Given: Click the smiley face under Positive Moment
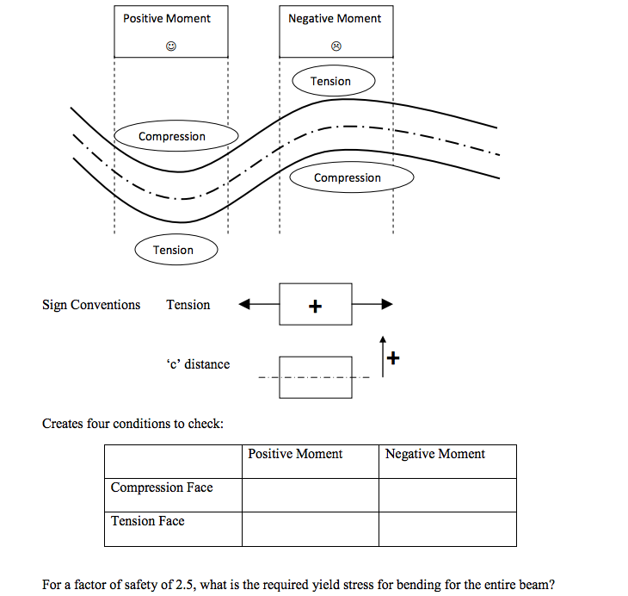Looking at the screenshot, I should pyautogui.click(x=171, y=47).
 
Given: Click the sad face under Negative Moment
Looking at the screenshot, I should pyautogui.click(x=336, y=47).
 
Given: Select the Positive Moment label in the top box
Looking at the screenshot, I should pyautogui.click(x=167, y=18).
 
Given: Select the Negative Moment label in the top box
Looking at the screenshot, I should pyautogui.click(x=335, y=18).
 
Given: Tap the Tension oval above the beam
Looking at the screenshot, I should pyautogui.click(x=331, y=81).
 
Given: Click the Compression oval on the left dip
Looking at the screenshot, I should pyautogui.click(x=172, y=136).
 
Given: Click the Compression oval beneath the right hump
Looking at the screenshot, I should pyautogui.click(x=348, y=177).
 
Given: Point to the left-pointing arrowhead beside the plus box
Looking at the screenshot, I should pyautogui.click(x=244, y=304).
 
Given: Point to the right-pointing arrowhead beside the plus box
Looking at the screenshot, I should pyautogui.click(x=387, y=304).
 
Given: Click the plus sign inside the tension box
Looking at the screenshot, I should pyautogui.click(x=315, y=305).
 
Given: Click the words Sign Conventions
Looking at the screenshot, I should pyautogui.click(x=91, y=304).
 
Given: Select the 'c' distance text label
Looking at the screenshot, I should pyautogui.click(x=198, y=363).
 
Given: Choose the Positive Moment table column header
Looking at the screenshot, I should pyautogui.click(x=295, y=454).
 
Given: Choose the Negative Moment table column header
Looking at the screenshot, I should pyautogui.click(x=435, y=454).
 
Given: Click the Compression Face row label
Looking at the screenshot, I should pyautogui.click(x=162, y=487).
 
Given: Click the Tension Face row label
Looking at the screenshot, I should pyautogui.click(x=148, y=520).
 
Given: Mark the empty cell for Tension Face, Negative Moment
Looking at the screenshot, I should pyautogui.click(x=447, y=529).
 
